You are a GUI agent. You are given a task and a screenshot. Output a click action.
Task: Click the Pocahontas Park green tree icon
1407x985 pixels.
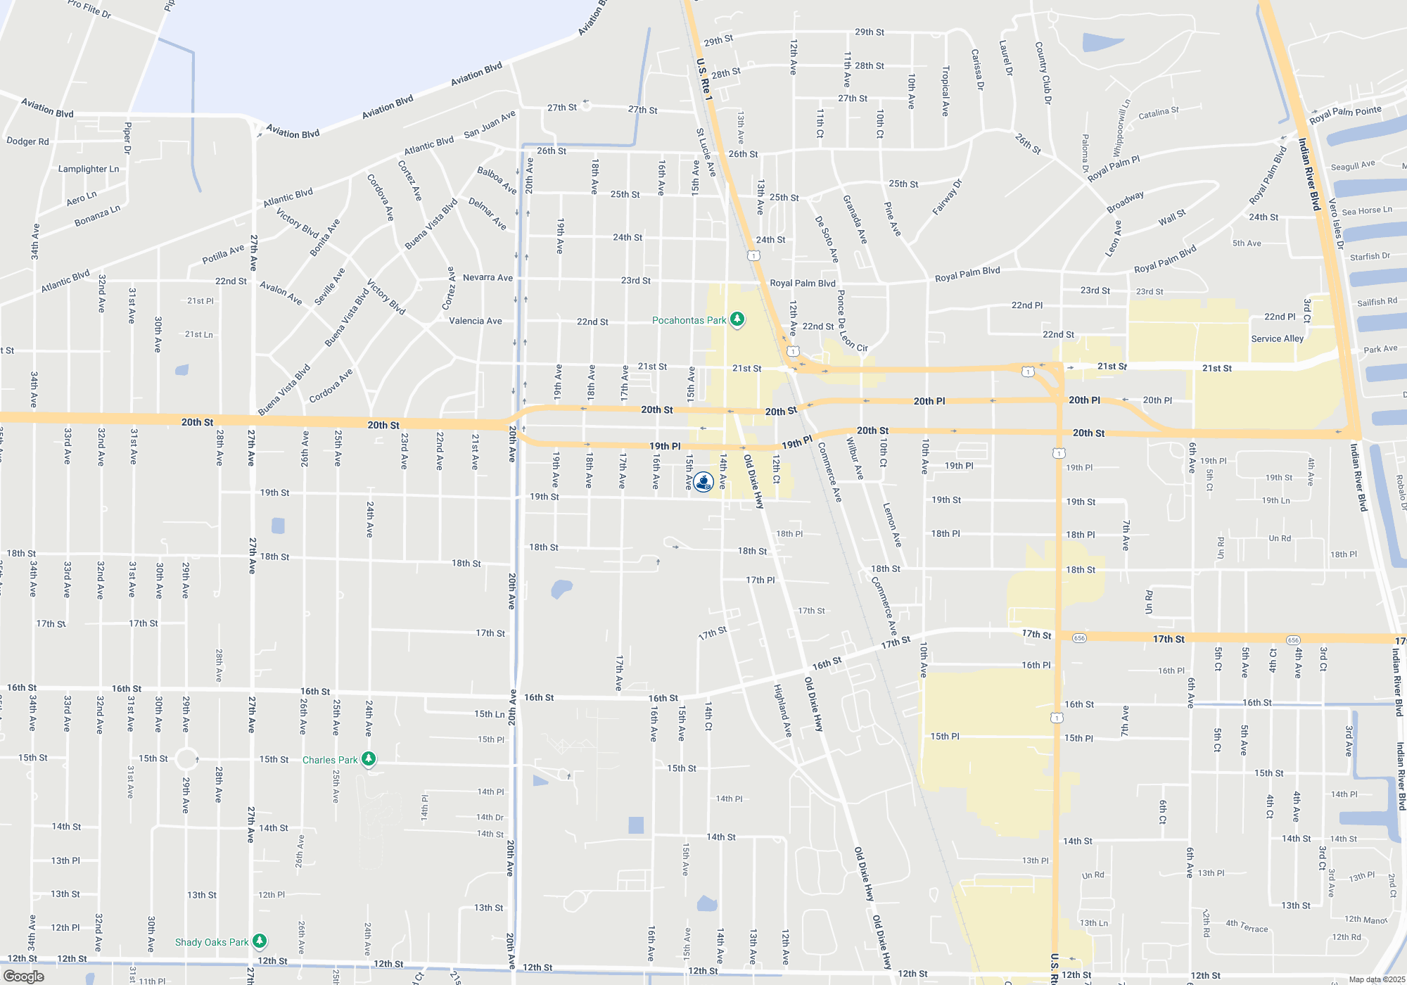737,319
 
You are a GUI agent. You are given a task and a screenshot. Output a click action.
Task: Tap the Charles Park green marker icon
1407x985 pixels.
369,758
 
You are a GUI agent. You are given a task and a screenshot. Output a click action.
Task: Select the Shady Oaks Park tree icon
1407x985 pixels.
260,941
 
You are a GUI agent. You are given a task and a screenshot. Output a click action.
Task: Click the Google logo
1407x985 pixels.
24,977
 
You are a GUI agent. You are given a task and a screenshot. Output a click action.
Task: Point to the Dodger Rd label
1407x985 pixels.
28,141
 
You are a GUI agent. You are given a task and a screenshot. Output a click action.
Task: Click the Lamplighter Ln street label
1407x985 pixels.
89,169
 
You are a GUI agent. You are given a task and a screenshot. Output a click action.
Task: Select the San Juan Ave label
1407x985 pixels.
490,124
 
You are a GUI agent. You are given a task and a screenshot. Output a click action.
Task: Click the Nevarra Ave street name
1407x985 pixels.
488,278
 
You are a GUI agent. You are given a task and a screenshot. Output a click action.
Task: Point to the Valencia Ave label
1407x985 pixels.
476,321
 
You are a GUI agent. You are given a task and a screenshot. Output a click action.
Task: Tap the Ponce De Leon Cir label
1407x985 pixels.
851,322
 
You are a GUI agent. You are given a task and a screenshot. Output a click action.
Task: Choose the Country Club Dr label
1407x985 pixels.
1043,73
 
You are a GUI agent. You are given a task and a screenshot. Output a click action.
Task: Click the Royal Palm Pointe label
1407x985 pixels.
1346,113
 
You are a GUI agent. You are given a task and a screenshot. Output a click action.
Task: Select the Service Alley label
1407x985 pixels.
1277,338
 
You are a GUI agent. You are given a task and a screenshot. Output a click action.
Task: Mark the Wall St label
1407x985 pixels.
1172,218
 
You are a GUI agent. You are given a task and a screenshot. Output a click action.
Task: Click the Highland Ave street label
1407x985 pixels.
782,711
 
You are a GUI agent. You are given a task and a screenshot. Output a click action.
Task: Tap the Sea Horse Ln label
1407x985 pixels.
1367,210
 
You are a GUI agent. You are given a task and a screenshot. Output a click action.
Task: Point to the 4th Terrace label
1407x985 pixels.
1247,926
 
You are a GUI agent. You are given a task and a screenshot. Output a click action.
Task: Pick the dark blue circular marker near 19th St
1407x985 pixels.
703,482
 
